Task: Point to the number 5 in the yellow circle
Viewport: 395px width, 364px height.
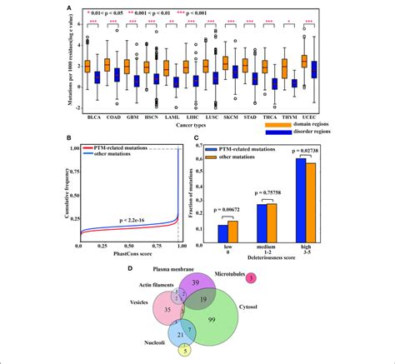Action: click(186, 351)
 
